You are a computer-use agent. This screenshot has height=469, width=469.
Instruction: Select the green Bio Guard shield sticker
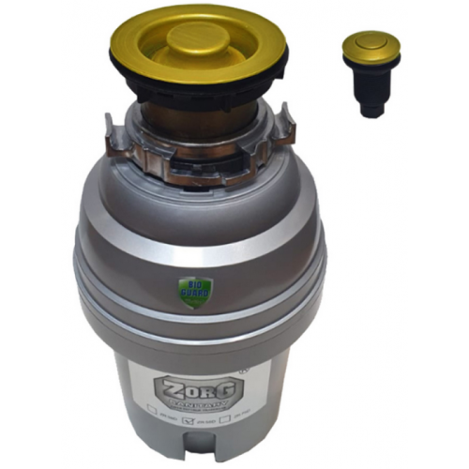pos(195,292)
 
